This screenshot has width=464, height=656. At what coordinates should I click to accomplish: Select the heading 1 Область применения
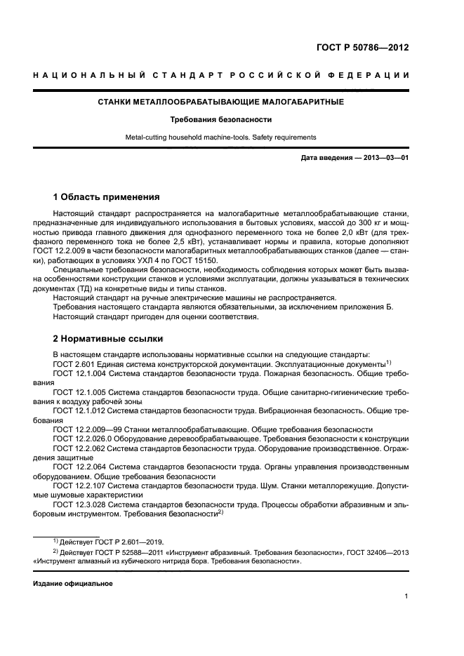[x=107, y=196]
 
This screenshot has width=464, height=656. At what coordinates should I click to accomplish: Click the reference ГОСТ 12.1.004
[x=81, y=374]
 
